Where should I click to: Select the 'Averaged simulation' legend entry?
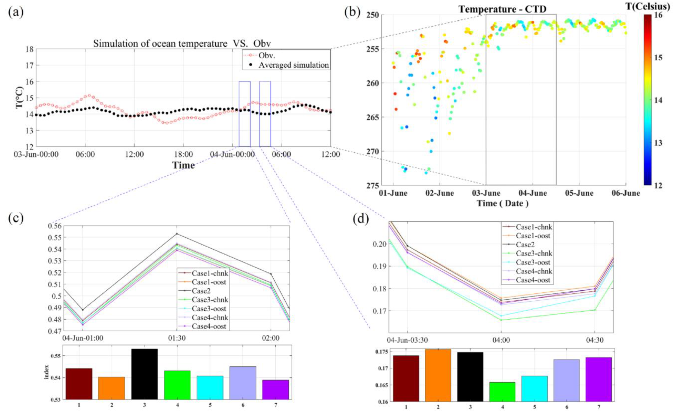click(x=294, y=65)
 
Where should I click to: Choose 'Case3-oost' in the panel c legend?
click(x=209, y=308)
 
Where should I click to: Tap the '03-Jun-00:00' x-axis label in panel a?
click(x=36, y=154)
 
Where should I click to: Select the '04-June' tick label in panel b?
click(x=533, y=193)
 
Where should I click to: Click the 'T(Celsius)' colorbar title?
click(x=655, y=5)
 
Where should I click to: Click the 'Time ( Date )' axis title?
click(x=503, y=203)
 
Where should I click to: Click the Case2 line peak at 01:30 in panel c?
click(x=177, y=234)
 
